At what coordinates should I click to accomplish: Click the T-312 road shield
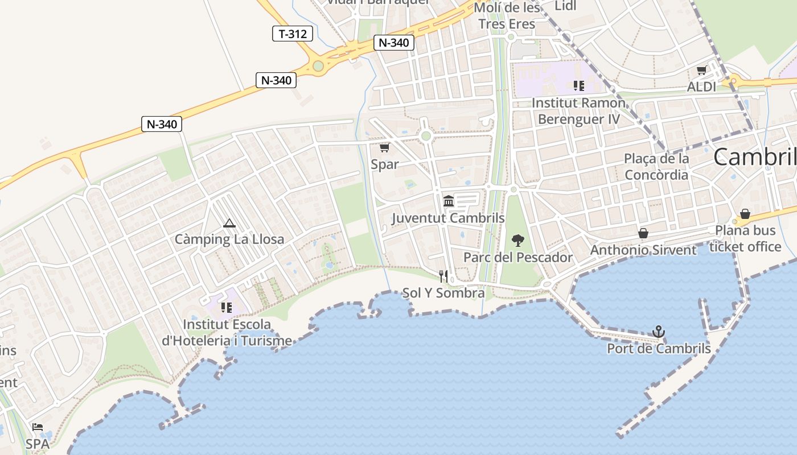coord(293,34)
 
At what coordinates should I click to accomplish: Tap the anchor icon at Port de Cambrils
coord(659,331)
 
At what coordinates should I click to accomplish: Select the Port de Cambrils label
coord(659,348)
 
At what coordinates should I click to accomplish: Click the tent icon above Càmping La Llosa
coord(229,223)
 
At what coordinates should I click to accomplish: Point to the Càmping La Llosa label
coord(229,239)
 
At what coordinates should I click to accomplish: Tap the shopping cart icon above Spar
coord(384,148)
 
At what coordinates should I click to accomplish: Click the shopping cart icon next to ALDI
coord(701,71)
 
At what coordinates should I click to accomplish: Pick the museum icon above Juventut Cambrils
coord(449,201)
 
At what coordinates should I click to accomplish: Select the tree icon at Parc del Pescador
coord(517,240)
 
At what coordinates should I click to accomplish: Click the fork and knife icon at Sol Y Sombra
coord(443,276)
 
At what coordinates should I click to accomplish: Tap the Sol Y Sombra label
coord(443,293)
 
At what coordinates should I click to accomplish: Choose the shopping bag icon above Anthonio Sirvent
coord(643,233)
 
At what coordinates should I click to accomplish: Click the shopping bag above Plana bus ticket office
coord(745,214)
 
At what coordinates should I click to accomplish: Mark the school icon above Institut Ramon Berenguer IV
coord(578,86)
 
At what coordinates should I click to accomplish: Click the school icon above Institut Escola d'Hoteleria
coord(227,308)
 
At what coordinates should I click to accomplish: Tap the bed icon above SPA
coord(38,427)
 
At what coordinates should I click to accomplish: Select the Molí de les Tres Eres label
coord(507,15)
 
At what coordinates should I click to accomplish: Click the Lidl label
coord(565,6)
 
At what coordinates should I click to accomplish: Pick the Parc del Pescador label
coord(517,257)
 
